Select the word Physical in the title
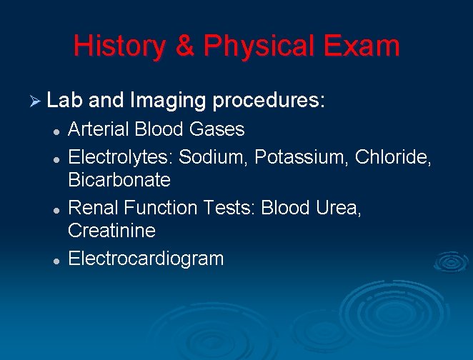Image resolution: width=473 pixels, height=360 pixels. click(259, 47)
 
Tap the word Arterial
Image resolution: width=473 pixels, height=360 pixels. click(99, 129)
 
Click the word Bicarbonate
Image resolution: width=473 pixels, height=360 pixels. click(119, 179)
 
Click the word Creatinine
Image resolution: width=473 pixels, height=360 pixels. click(111, 230)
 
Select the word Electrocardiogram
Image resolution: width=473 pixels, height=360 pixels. click(146, 258)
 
